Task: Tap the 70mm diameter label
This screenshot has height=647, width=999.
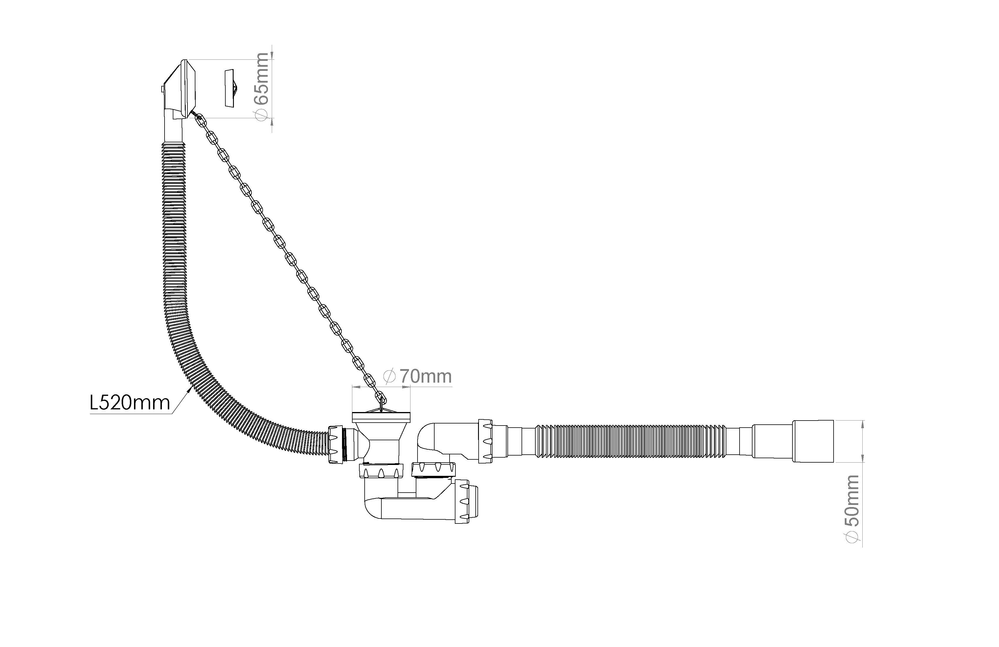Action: coord(425,376)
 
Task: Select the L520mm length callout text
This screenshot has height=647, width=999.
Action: coord(130,403)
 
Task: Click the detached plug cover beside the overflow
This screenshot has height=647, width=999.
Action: coord(230,88)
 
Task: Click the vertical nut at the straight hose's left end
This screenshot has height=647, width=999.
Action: coord(485,441)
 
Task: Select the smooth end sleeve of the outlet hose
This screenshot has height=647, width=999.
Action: coord(813,441)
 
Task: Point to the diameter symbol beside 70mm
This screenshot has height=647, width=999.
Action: coord(390,376)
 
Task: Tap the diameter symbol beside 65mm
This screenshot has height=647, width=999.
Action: coord(262,115)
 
